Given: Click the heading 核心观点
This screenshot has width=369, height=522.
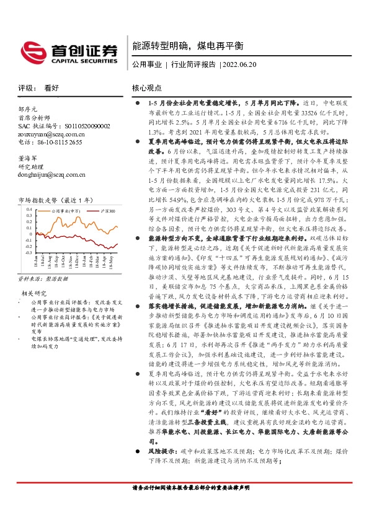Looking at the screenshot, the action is pyautogui.click(x=147, y=88).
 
